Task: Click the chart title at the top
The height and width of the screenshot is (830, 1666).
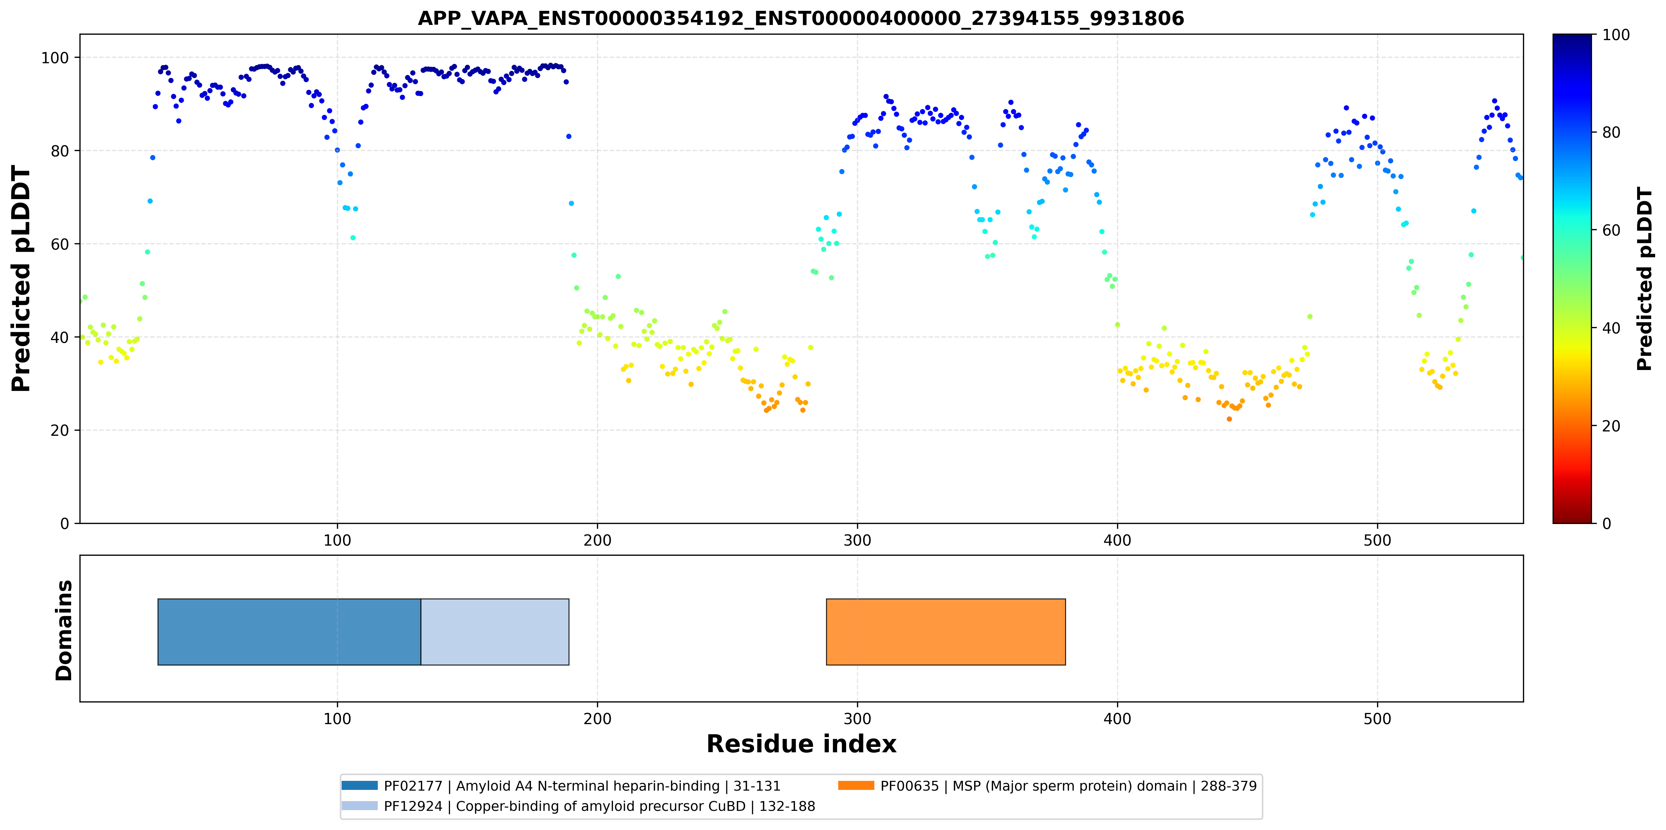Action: (x=801, y=18)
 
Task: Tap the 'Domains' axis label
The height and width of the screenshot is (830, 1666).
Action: (x=64, y=630)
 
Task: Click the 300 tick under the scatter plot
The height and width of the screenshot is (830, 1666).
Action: (x=858, y=541)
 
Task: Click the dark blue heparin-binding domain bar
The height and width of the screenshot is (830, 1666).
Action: (x=289, y=632)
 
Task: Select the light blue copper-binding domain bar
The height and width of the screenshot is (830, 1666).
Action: (x=495, y=632)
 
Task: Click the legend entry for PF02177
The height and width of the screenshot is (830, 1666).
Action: (x=561, y=786)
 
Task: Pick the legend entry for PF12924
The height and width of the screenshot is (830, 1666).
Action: (x=578, y=806)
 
